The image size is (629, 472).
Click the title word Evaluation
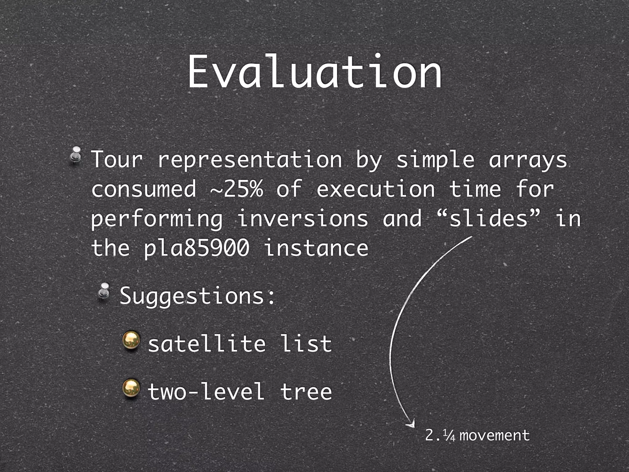point(314,72)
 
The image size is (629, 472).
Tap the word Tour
point(117,160)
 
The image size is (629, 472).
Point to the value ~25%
point(236,189)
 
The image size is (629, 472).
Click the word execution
point(376,189)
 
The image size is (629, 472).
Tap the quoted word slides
point(488,218)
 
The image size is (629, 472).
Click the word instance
point(316,248)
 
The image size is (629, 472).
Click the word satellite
point(207,344)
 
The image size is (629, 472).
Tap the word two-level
point(206,391)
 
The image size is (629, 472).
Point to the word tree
point(306,391)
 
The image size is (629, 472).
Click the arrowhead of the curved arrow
point(411,424)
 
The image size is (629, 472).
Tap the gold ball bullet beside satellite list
point(131,341)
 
